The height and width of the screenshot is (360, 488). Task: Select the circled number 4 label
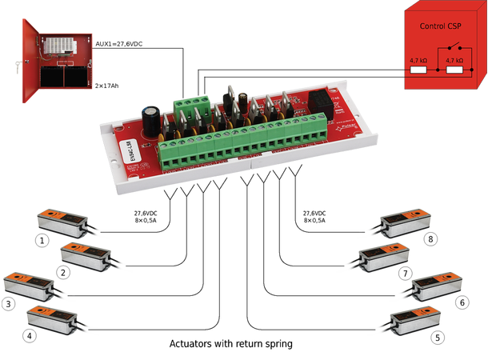tap(30, 335)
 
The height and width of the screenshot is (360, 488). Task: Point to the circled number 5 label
tap(437, 337)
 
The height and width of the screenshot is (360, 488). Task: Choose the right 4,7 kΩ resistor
tap(457, 70)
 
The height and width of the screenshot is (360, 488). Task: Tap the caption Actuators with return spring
tap(231, 344)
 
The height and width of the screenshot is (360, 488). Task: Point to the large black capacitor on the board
tap(151, 121)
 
